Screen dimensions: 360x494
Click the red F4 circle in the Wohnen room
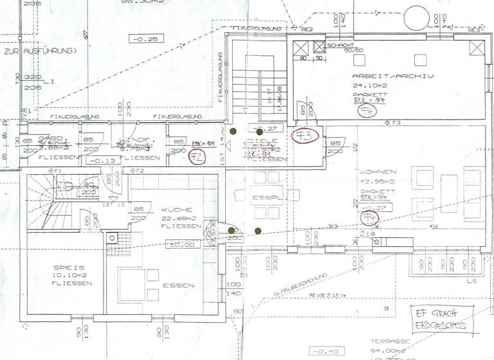(x=370, y=219)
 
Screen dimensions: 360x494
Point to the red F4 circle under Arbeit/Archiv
(x=367, y=111)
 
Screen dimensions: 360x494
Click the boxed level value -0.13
(x=99, y=161)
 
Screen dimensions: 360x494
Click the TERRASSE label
(x=387, y=343)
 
